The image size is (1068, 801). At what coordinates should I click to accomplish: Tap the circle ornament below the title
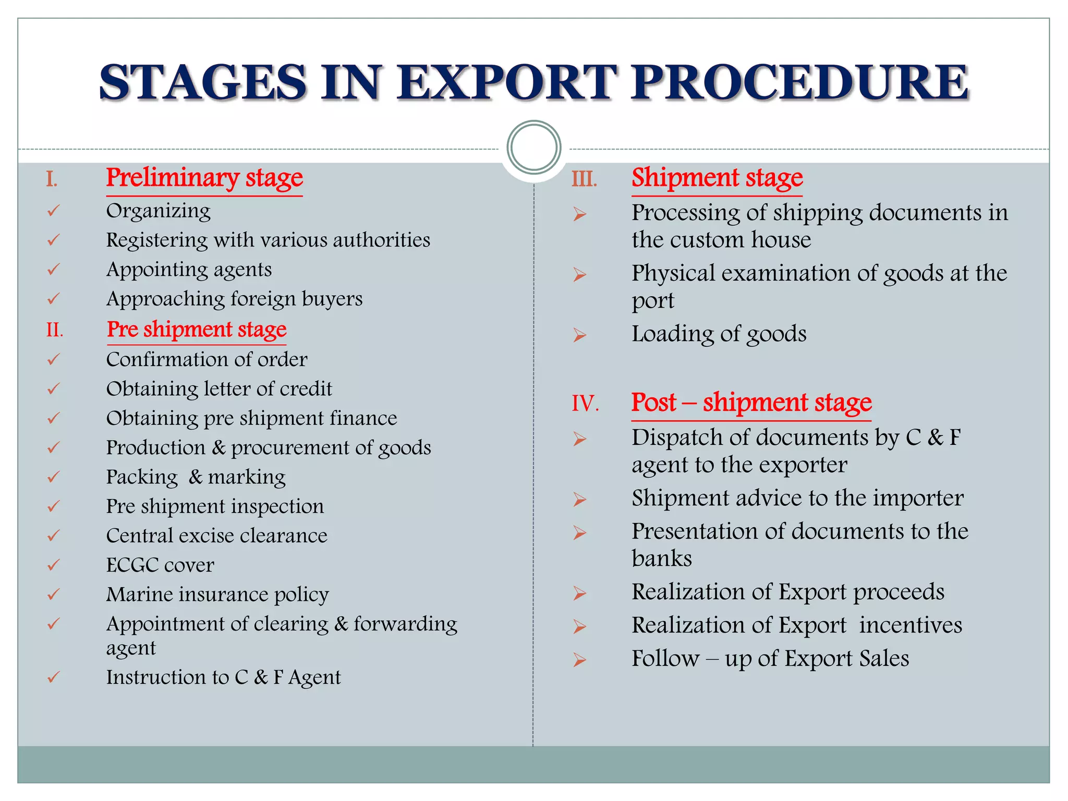pos(533,148)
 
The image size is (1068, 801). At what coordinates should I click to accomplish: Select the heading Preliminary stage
pos(204,178)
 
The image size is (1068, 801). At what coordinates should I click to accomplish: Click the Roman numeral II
pos(54,330)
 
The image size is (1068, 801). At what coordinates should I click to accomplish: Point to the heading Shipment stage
pos(717,178)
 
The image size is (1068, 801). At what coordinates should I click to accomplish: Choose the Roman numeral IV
pos(585,403)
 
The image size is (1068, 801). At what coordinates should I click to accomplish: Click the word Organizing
pos(159,211)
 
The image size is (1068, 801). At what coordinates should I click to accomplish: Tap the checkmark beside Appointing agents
pos(53,270)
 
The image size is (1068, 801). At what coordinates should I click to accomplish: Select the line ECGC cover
pos(160,565)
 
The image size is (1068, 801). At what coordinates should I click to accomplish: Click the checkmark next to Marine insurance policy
pos(53,594)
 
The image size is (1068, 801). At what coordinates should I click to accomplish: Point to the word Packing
pos(142,477)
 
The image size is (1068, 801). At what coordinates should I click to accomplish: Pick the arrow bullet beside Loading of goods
pos(579,335)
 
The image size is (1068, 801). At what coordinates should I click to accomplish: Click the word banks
pos(662,558)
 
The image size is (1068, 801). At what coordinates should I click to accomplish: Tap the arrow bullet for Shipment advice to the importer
pos(579,500)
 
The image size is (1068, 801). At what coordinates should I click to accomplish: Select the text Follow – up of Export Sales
pos(770,658)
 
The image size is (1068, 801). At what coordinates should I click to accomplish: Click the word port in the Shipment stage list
pos(653,301)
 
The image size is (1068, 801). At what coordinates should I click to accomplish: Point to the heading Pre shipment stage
pos(197,330)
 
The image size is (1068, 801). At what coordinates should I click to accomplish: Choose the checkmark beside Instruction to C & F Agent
pos(53,677)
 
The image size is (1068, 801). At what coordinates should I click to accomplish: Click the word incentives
pos(911,625)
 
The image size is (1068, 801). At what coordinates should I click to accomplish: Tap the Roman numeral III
pos(584,179)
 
